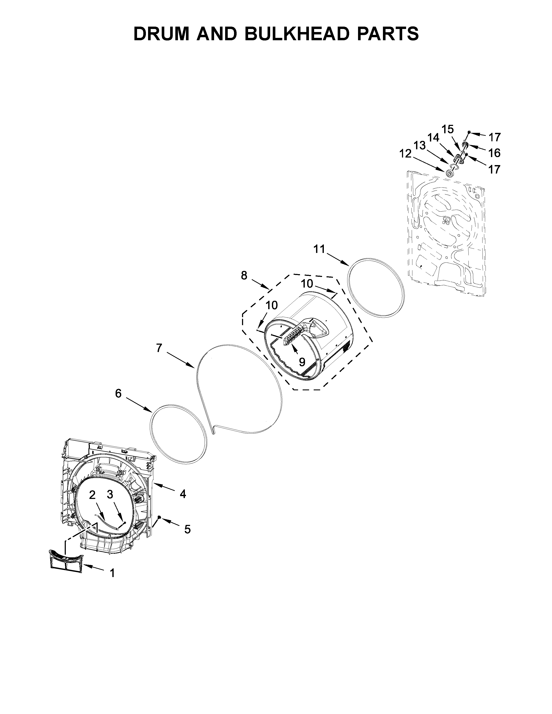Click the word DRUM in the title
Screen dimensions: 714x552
[x=161, y=34]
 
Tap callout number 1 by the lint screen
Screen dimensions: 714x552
[x=112, y=573]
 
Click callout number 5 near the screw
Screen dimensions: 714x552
[x=187, y=529]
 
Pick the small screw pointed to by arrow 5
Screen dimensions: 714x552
[x=159, y=517]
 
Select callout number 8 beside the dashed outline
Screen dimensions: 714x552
[x=244, y=276]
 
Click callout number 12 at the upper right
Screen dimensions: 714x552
[x=405, y=153]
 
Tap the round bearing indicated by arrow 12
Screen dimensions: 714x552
[x=450, y=172]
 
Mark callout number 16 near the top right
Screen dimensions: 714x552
[x=494, y=153]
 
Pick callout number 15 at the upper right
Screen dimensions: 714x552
[x=448, y=129]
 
